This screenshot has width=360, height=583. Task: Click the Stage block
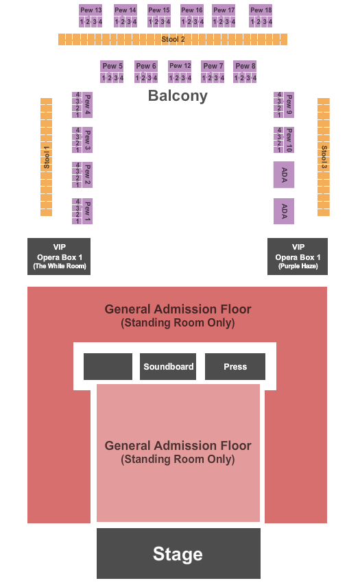[x=178, y=554]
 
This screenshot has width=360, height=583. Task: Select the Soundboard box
[x=168, y=367]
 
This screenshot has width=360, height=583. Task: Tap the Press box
[x=235, y=367]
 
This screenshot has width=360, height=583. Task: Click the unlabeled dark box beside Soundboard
[x=108, y=367]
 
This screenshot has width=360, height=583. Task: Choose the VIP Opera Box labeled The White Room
[x=59, y=257]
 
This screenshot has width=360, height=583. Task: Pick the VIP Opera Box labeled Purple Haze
[x=298, y=257]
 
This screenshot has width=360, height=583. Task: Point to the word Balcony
[x=178, y=96]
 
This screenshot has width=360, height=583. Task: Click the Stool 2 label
[x=173, y=39]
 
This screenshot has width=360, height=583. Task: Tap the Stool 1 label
[x=47, y=157]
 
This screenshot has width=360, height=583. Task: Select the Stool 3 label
[x=324, y=157]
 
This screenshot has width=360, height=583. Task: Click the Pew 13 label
[x=91, y=10]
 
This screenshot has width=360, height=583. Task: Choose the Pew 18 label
[x=261, y=10]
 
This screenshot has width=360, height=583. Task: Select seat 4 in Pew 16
[x=202, y=22]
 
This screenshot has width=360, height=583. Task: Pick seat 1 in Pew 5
[x=104, y=78]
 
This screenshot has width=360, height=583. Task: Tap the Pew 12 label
[x=180, y=66]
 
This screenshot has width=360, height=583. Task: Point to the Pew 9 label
[x=289, y=105]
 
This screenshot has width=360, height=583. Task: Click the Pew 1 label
[x=87, y=211]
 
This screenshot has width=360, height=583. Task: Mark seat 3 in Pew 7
[x=216, y=78]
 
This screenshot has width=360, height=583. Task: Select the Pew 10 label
[x=289, y=140]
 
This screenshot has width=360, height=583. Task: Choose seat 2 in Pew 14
[x=123, y=22]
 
